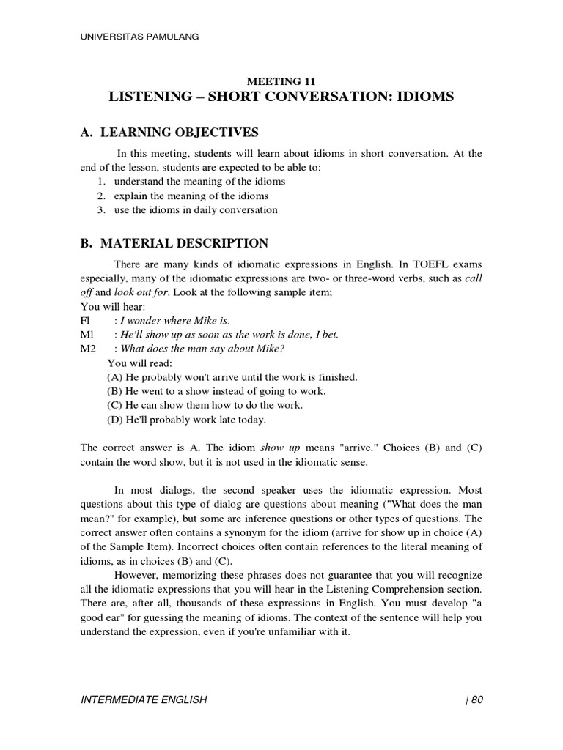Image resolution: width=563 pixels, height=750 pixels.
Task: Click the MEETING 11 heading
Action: (281, 81)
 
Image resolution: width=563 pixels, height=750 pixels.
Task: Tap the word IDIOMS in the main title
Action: (420, 97)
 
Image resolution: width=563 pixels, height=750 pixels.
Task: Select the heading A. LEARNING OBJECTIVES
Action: (169, 133)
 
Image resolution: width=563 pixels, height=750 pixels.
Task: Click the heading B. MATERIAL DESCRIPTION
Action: (174, 243)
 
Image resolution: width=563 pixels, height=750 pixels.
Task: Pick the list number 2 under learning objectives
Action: (101, 196)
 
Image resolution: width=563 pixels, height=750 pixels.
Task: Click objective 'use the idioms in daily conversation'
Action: (196, 210)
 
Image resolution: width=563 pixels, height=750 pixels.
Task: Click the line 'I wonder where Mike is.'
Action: (175, 321)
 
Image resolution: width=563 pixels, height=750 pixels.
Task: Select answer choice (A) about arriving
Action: (232, 376)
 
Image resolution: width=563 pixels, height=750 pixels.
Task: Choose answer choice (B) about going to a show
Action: (216, 391)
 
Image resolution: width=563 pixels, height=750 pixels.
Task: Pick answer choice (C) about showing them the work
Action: (205, 405)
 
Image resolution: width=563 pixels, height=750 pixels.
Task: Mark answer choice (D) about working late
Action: (186, 420)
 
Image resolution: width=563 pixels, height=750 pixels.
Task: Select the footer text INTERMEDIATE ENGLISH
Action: (144, 699)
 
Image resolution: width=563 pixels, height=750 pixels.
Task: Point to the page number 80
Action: (477, 699)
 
